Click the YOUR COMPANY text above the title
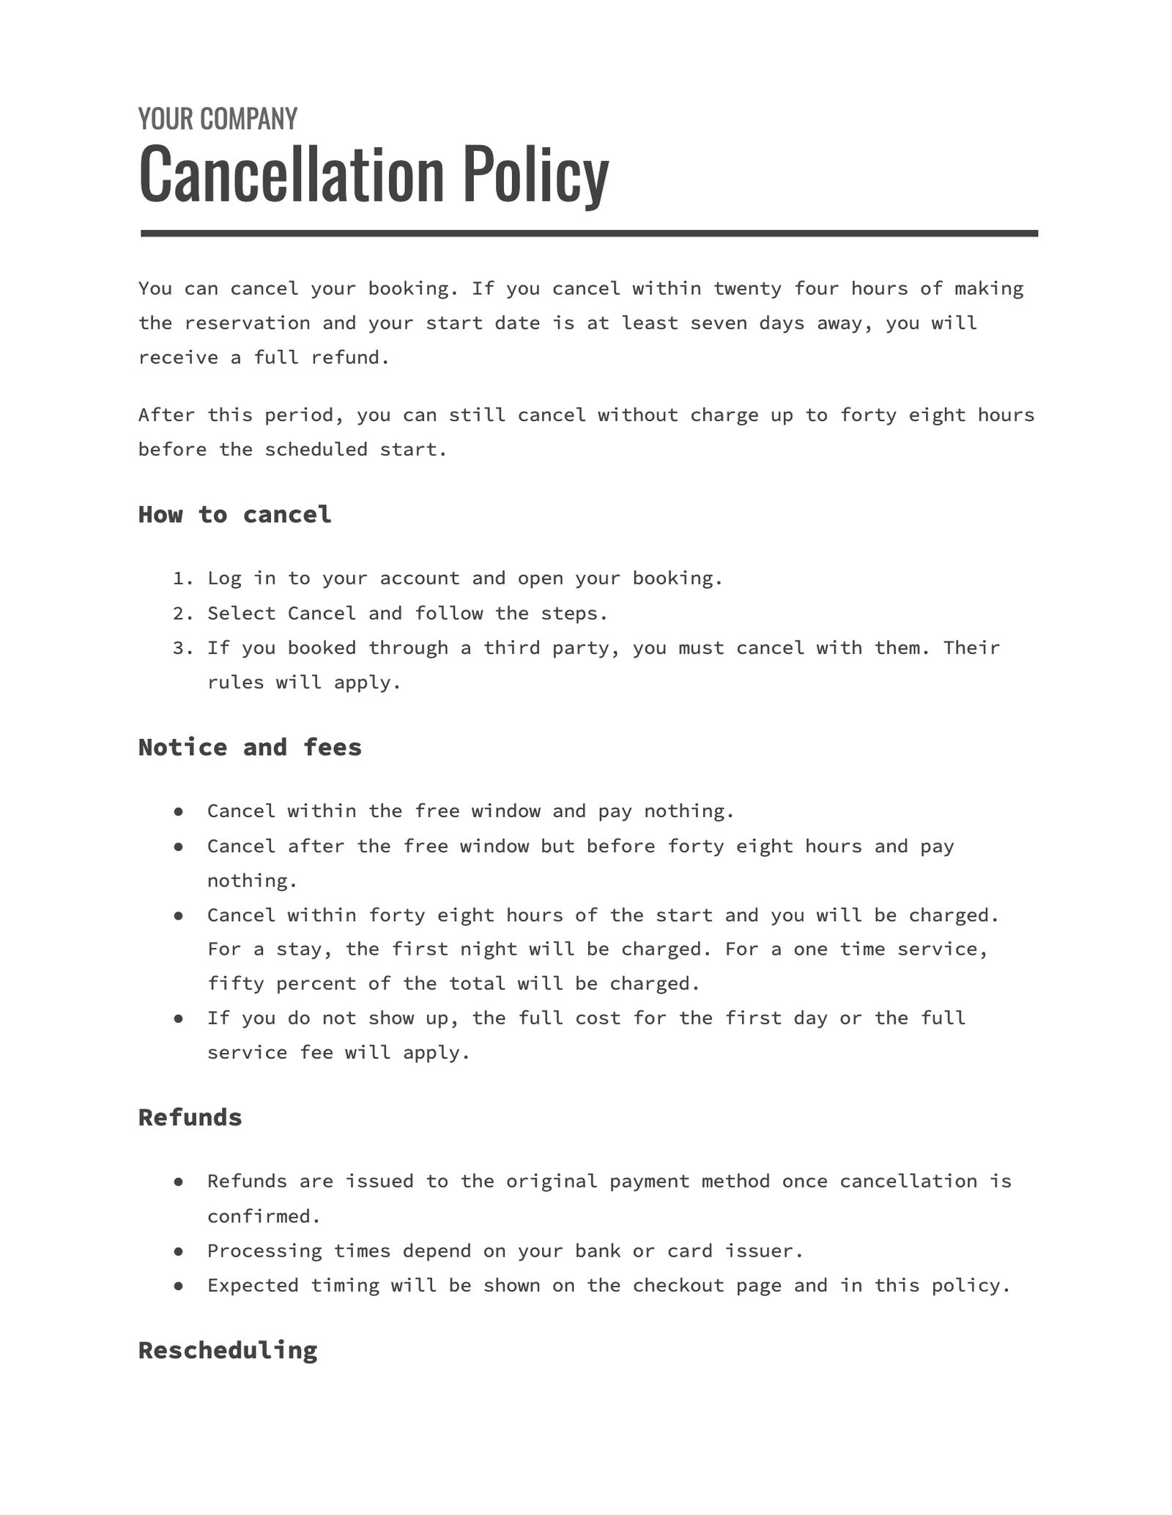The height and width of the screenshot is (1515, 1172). (218, 119)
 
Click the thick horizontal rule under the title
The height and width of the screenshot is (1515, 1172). (589, 234)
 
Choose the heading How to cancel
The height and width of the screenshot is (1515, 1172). (234, 515)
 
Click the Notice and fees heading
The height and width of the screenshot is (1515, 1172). (250, 748)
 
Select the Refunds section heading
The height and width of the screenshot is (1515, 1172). (190, 1117)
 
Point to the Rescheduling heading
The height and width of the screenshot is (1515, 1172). (228, 1350)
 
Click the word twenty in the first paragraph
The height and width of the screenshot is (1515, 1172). (748, 289)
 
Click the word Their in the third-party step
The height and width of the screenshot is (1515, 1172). (971, 648)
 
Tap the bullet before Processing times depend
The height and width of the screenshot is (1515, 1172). (178, 1251)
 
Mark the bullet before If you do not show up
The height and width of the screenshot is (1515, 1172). (178, 1019)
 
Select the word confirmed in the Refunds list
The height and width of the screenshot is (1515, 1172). (264, 1216)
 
